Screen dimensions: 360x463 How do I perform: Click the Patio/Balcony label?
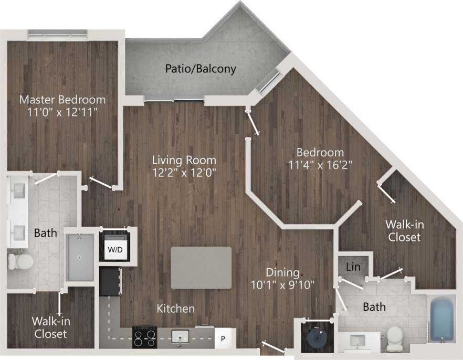coord(201,69)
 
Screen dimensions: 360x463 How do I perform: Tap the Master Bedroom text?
coord(62,99)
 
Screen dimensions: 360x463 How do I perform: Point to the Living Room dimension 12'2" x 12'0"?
coord(184,171)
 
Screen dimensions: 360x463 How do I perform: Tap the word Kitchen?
coord(176,309)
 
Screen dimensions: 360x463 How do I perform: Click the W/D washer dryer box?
coord(115,250)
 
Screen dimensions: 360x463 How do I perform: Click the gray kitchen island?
coord(201,268)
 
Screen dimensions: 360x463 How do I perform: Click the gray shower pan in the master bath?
coord(79,257)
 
